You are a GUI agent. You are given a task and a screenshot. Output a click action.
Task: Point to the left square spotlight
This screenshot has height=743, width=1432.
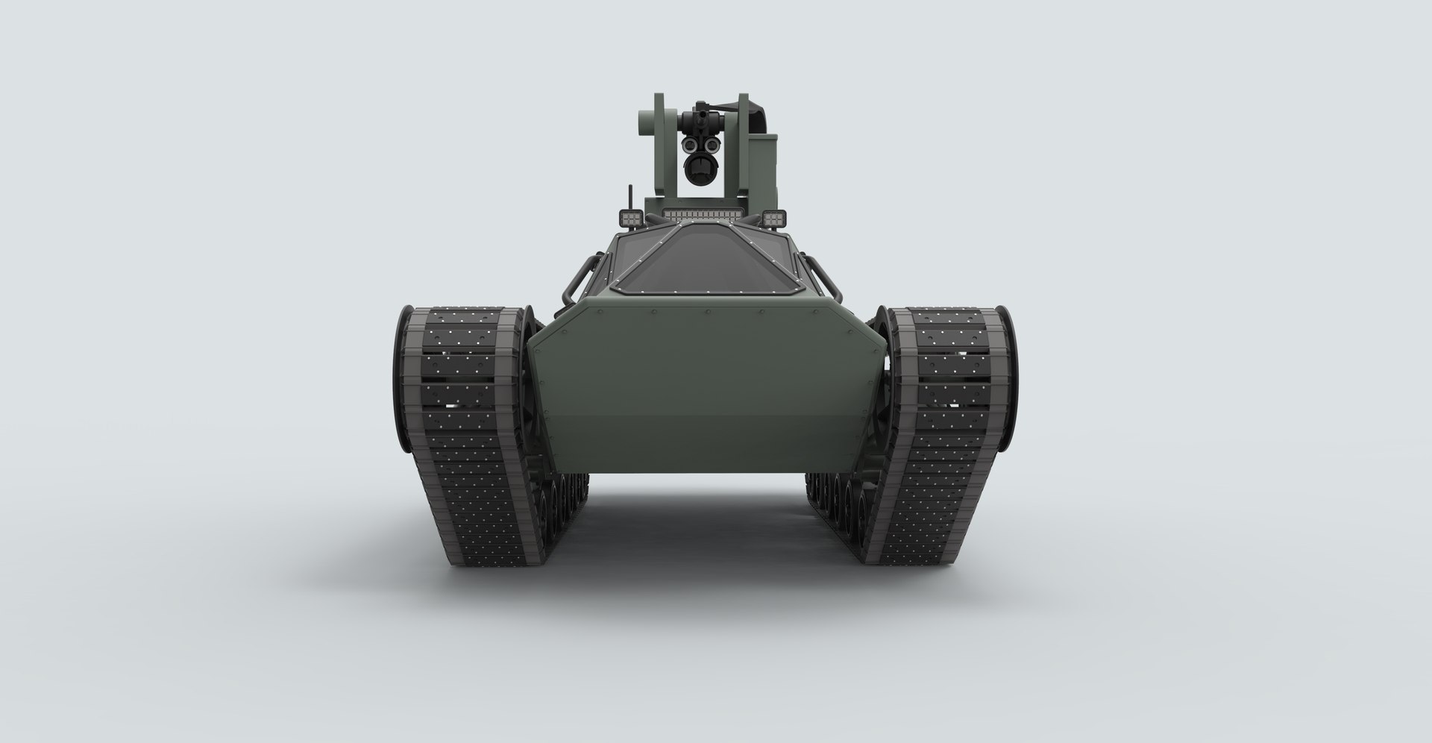[631, 219]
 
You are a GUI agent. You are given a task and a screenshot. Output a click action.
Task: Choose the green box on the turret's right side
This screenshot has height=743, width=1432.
[761, 168]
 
